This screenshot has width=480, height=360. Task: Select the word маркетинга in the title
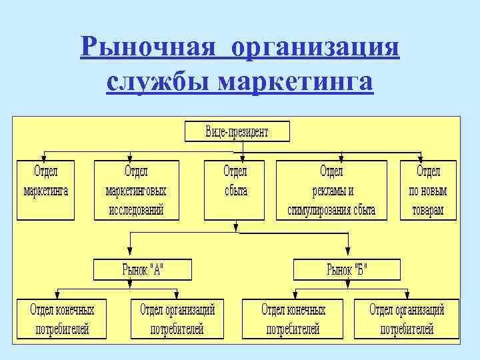[x=295, y=82]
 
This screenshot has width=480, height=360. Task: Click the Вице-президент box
[x=237, y=131]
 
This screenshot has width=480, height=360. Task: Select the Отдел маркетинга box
[x=46, y=190]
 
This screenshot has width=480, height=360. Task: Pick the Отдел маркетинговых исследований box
[x=136, y=190]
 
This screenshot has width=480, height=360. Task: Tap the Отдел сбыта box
[x=236, y=190]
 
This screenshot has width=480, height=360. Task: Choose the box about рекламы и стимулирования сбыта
[x=332, y=190]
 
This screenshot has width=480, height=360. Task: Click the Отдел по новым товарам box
[x=428, y=190]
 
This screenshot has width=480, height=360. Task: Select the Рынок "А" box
[x=142, y=270]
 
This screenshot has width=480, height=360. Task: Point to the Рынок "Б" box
[x=347, y=270]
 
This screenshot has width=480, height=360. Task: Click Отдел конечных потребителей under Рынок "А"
[x=62, y=319]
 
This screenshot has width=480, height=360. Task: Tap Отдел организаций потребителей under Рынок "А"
[x=177, y=319]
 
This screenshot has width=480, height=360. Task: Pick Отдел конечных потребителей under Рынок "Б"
[x=293, y=319]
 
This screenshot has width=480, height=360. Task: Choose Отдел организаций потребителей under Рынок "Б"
[x=407, y=319]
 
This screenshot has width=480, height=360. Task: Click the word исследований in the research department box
[x=136, y=210]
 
